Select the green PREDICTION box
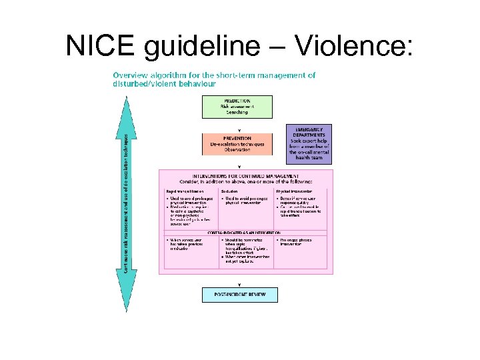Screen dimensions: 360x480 click(x=237, y=107)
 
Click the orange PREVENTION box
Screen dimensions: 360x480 click(x=237, y=144)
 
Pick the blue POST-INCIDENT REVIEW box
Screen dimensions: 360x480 click(x=239, y=295)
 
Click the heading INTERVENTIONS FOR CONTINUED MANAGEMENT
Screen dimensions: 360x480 click(x=243, y=175)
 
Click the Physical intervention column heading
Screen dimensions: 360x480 click(x=294, y=191)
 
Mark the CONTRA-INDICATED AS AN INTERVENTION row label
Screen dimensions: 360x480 click(x=243, y=233)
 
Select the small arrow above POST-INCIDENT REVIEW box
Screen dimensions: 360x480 click(x=239, y=284)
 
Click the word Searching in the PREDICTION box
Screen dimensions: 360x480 click(x=237, y=112)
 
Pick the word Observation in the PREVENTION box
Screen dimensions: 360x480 click(x=237, y=150)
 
